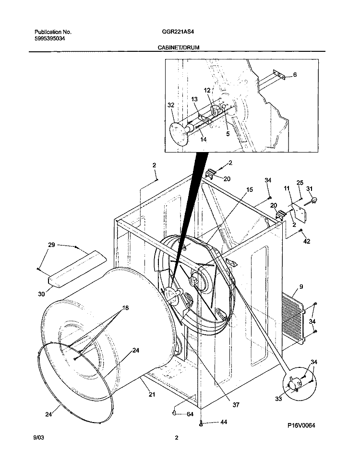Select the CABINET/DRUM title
178,48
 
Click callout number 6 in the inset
295,74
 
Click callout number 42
308,241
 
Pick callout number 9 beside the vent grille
301,287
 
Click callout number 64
190,414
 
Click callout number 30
42,294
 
